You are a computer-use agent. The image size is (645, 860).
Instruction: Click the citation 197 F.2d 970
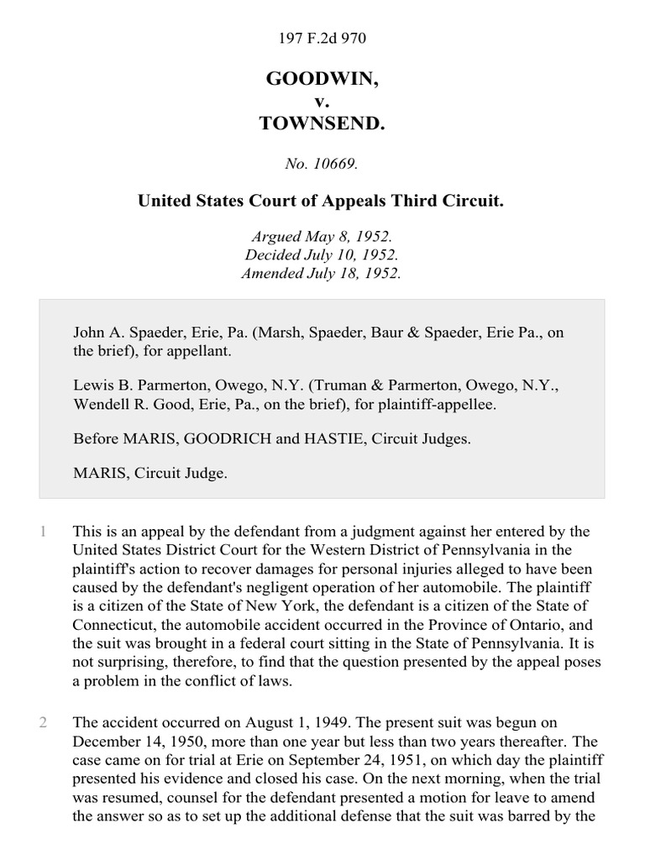click(322, 38)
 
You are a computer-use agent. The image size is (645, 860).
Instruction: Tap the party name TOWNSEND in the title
click(322, 123)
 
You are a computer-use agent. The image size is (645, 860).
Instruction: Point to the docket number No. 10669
click(322, 165)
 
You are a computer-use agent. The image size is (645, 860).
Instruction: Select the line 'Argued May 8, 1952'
click(322, 238)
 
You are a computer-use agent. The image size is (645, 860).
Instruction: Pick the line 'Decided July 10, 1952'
click(322, 255)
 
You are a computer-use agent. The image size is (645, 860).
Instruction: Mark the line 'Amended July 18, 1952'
click(322, 273)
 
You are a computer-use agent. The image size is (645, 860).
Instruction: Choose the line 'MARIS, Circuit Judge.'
click(150, 474)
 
